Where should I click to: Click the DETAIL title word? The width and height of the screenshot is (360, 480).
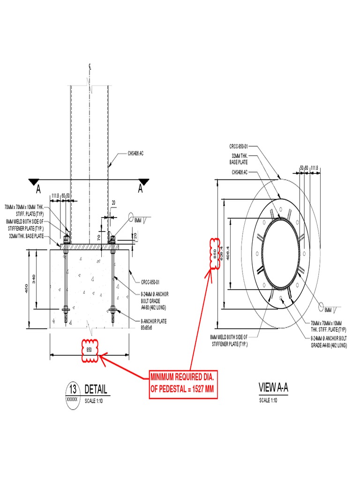[96, 389]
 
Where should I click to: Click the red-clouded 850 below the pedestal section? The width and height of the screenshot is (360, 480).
[89, 350]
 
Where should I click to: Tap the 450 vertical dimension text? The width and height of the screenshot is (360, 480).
[26, 290]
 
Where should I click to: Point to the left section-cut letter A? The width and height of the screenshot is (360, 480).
[38, 189]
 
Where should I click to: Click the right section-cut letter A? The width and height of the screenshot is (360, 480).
[140, 189]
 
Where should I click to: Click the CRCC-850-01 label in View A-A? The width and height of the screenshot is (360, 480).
[238, 146]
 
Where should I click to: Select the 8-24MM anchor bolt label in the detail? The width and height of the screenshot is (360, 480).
[154, 300]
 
